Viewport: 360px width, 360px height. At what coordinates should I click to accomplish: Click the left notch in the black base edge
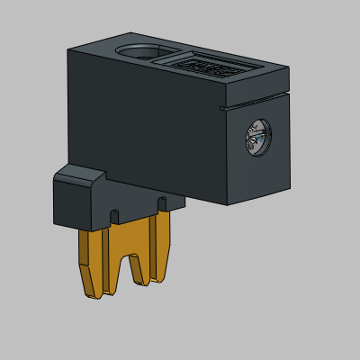coord(114,216)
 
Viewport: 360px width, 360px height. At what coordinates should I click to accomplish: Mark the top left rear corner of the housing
coord(69,49)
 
